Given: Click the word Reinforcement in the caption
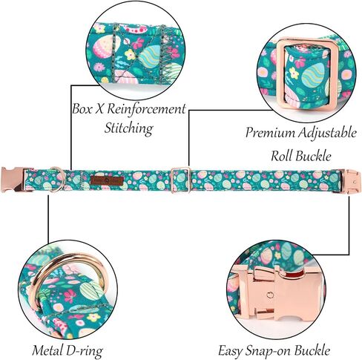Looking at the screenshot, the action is tap(146, 109).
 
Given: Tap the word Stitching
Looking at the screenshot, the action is tap(129, 128).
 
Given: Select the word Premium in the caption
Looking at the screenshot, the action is tap(270, 133).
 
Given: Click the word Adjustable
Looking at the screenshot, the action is tap(327, 134).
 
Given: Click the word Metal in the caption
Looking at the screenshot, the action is tap(47, 350).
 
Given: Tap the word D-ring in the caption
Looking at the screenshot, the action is tap(84, 351).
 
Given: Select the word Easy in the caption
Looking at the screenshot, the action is tap(231, 350).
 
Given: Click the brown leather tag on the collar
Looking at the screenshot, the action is tap(107, 180).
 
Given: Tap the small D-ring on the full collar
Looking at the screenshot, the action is tap(57, 179).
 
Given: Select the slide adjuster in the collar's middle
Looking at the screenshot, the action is tap(181, 180).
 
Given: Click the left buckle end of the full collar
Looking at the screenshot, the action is tap(13, 180).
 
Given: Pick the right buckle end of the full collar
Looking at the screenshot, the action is tap(352, 181).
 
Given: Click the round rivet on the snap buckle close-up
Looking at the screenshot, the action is tap(271, 295).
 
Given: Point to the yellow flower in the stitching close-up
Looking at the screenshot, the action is tap(130, 54).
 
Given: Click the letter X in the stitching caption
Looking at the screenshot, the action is tap(99, 109).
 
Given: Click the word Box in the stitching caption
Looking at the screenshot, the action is tap(82, 109).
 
